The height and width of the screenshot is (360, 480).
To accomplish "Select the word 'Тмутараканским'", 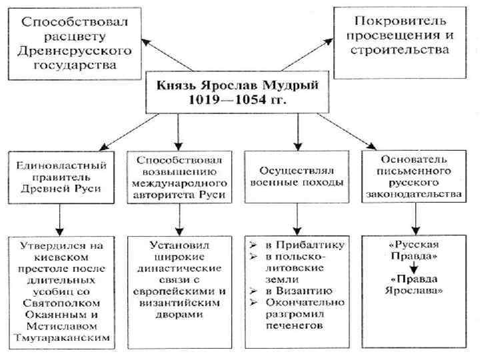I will [61, 340].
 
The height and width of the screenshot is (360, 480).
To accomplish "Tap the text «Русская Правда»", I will [413, 249].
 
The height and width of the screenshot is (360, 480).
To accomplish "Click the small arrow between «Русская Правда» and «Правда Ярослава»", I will [414, 267].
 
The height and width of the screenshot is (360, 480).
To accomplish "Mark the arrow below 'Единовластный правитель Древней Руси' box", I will [61, 217].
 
